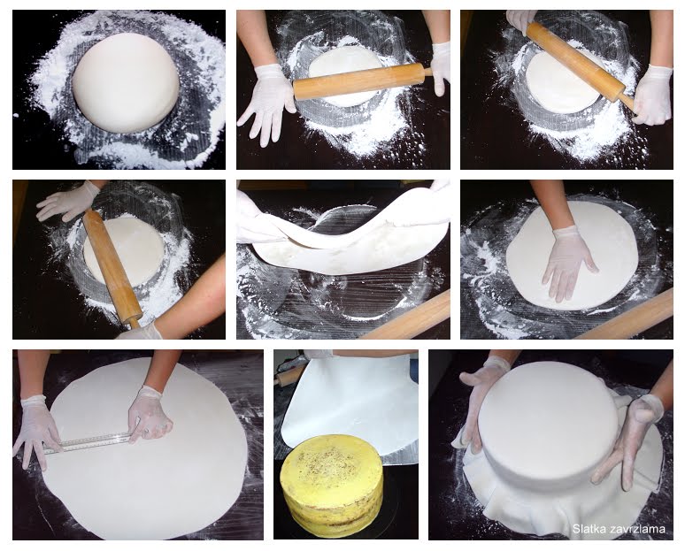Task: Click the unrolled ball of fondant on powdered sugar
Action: pos(126,83)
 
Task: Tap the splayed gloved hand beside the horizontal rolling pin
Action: pos(266,103)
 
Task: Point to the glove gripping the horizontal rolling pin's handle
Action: pos(442,68)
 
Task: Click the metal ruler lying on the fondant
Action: pos(89,443)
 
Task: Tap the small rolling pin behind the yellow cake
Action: pos(289,376)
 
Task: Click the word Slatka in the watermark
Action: pos(586,529)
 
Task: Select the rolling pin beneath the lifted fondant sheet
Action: pos(406,317)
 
